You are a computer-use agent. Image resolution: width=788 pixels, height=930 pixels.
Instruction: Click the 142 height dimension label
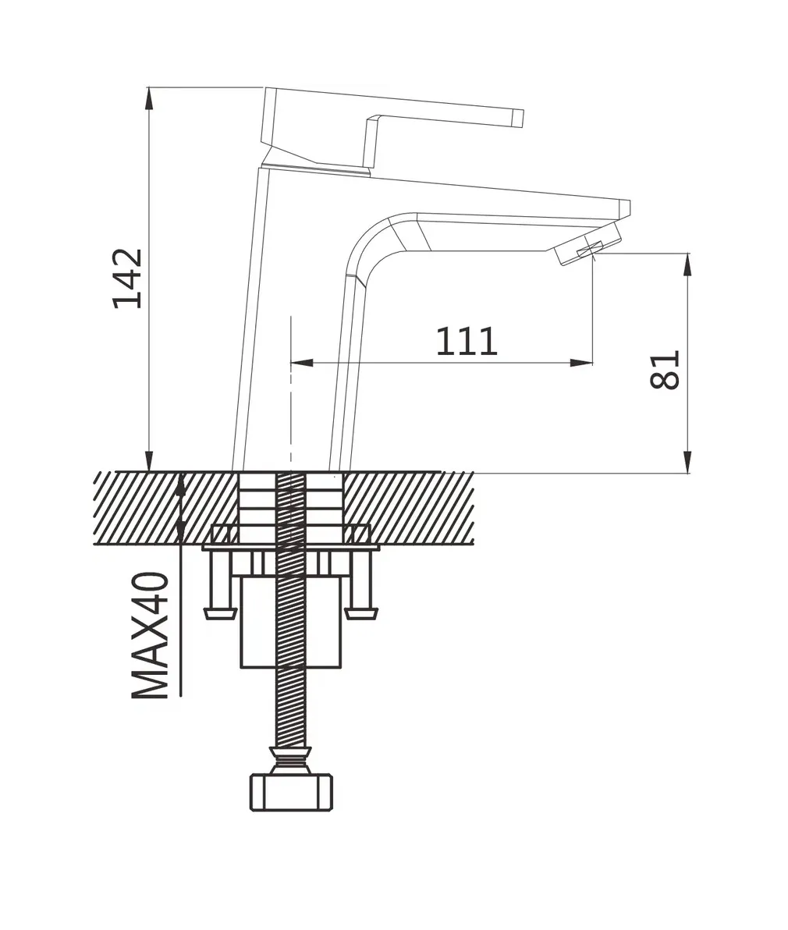pyautogui.click(x=128, y=279)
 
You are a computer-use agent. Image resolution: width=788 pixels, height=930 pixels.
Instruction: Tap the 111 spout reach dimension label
pyautogui.click(x=467, y=341)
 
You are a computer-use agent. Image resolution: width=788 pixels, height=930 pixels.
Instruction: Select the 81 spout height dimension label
pyautogui.click(x=664, y=370)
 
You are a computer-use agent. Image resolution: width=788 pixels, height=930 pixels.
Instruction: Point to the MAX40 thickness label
pyautogui.click(x=150, y=635)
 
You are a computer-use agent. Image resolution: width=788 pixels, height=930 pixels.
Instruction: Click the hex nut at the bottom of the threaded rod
pyautogui.click(x=290, y=793)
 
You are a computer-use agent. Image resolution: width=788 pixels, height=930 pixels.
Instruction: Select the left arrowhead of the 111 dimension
pyautogui.click(x=301, y=363)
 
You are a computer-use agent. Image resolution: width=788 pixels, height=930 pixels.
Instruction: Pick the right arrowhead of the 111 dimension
pyautogui.click(x=581, y=363)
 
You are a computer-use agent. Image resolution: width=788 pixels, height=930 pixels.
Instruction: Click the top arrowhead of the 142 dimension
pyautogui.click(x=150, y=99)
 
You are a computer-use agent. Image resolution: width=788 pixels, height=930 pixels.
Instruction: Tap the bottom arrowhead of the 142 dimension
pyautogui.click(x=150, y=460)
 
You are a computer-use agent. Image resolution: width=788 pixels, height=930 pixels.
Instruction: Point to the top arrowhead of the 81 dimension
pyautogui.click(x=688, y=264)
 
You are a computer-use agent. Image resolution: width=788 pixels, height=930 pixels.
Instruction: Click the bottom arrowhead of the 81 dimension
pyautogui.click(x=688, y=462)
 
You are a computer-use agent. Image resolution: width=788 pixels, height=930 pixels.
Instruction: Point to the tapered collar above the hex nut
pyautogui.click(x=290, y=760)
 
